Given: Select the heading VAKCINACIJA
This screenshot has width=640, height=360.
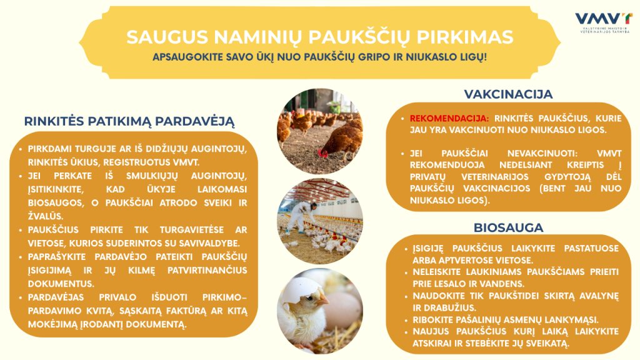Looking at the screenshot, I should [508, 94].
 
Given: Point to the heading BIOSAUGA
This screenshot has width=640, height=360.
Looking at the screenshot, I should [508, 227].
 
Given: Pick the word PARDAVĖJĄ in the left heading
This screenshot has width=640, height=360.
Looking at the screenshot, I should [200, 121].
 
